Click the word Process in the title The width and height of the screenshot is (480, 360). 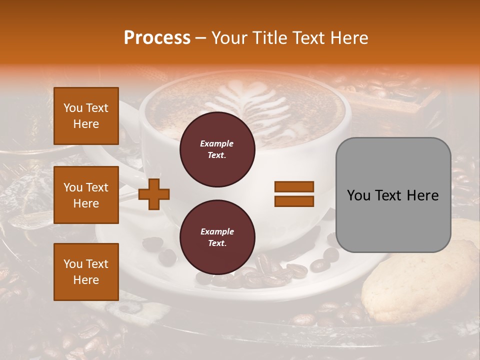157,38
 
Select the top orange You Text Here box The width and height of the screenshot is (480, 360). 86,116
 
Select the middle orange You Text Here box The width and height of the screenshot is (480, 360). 86,195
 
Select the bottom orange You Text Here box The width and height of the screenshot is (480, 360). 86,272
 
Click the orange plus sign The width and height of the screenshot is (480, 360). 153,193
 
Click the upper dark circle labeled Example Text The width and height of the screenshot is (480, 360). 217,149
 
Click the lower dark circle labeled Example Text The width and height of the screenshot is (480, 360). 217,237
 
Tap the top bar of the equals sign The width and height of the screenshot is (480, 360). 294,186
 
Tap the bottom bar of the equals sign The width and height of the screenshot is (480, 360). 294,201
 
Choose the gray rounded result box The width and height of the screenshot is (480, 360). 393,195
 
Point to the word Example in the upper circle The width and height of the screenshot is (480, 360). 217,143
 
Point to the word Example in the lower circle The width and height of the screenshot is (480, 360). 217,231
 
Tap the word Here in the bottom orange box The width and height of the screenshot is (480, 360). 86,280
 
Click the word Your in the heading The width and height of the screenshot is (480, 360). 231,38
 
